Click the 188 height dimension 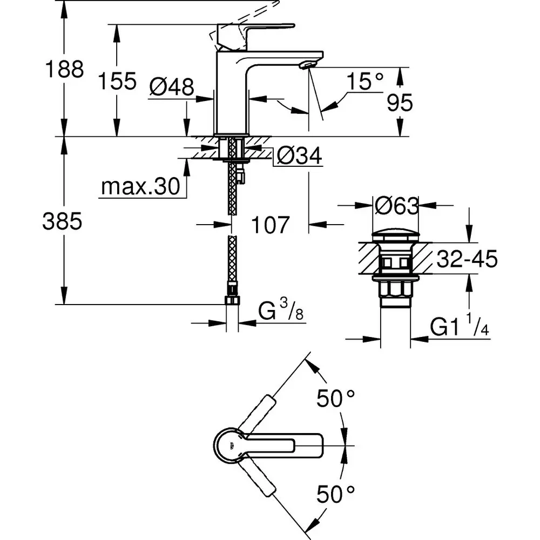(x=64, y=70)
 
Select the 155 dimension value (x=117, y=82)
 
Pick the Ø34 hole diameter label (x=299, y=157)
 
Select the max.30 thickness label (x=140, y=187)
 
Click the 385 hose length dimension (x=62, y=221)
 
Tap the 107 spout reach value (x=270, y=225)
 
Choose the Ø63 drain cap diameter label (x=396, y=206)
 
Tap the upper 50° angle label (x=335, y=399)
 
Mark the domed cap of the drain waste (x=396, y=236)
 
